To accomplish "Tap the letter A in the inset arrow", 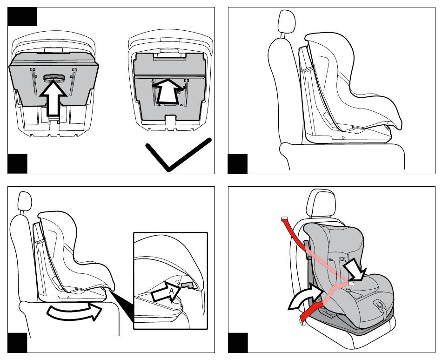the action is coord(171,291).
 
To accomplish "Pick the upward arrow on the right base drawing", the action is coord(167,91).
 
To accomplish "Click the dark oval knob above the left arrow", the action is coord(54,78).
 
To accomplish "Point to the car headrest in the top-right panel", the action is coord(286,22).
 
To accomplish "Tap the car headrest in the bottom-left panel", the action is coord(24,201).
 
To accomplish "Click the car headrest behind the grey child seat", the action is coord(321,203).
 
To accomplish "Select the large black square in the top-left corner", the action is coord(22,17).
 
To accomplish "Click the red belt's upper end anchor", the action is coord(284,218).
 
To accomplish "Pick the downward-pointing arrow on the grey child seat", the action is coord(355,270).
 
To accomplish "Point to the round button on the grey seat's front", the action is coord(379,305).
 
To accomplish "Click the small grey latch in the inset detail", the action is coord(187,285).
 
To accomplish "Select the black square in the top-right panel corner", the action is coord(238,164).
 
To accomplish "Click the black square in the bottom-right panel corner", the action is coord(238,343).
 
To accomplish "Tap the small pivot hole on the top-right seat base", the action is coord(343,137).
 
